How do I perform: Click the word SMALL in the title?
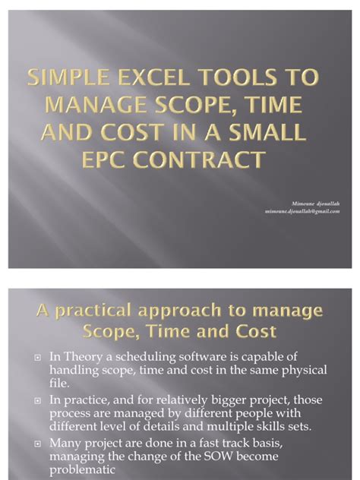point(273,133)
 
